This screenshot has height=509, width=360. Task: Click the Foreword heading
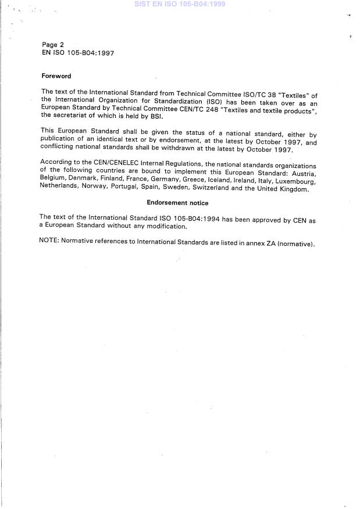pos(56,76)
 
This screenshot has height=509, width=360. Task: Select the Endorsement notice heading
pos(177,203)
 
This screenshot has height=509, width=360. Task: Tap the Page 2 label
pos(53,45)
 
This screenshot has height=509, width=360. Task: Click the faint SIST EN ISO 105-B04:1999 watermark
pos(180,4)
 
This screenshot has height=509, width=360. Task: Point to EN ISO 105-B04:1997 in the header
pos(78,53)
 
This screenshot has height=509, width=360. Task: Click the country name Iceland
pos(216,181)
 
